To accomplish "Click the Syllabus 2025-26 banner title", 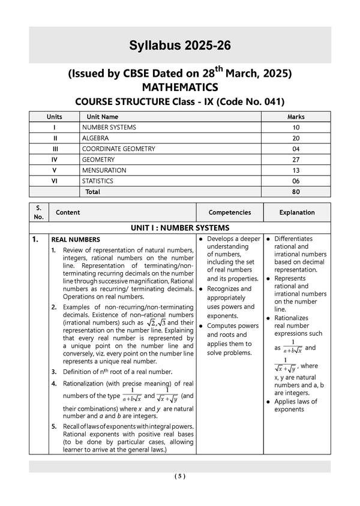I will [x=179, y=46].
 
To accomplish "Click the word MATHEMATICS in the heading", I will [x=179, y=88].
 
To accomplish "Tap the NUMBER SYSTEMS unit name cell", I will [x=109, y=127].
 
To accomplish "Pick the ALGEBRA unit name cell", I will [x=96, y=138].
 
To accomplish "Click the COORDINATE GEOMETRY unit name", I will [x=118, y=149].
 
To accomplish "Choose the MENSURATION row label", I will [x=104, y=170].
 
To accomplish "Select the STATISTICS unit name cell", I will [x=100, y=181].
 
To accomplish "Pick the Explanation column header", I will [x=296, y=212].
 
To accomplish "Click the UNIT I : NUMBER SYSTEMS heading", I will [x=179, y=228].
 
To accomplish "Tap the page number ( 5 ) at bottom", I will [x=180, y=476].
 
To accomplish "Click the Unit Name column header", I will [x=103, y=117].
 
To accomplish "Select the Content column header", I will [x=68, y=212].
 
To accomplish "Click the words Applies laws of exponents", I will [x=295, y=405].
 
